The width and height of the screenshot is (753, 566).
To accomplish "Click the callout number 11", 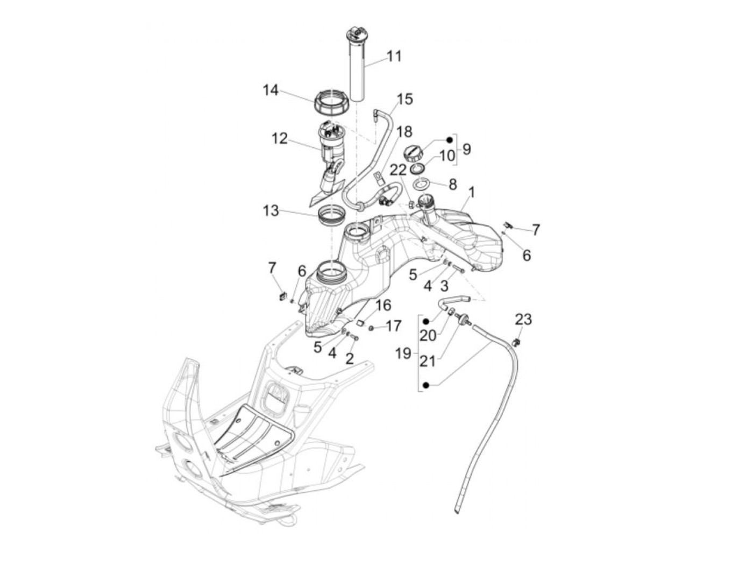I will [394, 56].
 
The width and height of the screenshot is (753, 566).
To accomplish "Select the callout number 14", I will [271, 90].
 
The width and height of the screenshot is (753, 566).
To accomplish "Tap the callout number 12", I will [280, 139].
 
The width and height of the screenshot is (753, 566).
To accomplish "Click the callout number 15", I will [404, 99].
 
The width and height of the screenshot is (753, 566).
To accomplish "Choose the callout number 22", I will [399, 170].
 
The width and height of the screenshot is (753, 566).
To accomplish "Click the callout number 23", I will [523, 319].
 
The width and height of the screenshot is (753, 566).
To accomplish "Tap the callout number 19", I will [403, 353].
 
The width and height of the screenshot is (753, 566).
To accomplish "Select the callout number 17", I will [393, 326].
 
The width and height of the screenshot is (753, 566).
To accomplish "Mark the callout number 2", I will [350, 358].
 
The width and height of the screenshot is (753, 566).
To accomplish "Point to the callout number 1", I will [471, 192].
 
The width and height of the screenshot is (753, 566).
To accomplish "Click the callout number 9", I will [466, 149].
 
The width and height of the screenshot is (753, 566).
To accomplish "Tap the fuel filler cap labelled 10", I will [414, 152].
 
